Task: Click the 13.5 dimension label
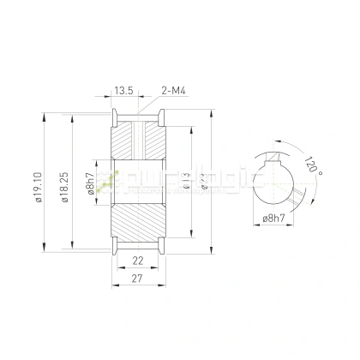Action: pos(124,88)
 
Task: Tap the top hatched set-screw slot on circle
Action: pos(273,155)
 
